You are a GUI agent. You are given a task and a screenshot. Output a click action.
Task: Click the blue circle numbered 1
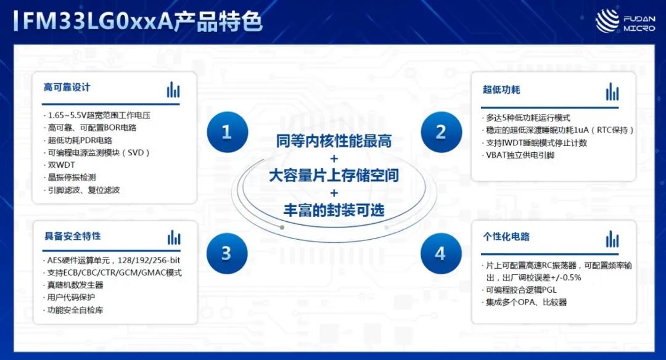(x=227, y=132)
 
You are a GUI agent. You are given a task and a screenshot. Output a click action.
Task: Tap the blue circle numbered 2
(x=442, y=132)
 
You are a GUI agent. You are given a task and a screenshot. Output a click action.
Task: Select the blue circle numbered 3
(x=227, y=253)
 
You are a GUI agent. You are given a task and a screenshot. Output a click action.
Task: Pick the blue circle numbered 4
(x=441, y=253)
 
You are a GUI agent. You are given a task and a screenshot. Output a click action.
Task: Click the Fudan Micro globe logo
(x=607, y=21)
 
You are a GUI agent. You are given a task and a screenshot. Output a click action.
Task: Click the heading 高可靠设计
(x=67, y=88)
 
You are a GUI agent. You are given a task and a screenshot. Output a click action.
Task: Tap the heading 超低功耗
(x=501, y=89)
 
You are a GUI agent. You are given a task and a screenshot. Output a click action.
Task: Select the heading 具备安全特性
(x=73, y=236)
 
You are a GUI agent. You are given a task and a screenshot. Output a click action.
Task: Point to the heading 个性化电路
(x=506, y=237)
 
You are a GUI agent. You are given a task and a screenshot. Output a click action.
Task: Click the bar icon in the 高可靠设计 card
(x=173, y=89)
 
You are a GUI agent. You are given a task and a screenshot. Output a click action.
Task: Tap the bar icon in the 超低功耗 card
(x=612, y=92)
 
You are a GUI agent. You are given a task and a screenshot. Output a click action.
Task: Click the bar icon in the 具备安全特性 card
(x=174, y=238)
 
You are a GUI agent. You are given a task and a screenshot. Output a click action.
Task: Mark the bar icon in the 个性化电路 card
(x=612, y=239)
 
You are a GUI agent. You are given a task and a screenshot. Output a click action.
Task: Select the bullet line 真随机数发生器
(x=73, y=285)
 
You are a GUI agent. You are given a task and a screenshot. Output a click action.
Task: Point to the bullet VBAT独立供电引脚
(x=518, y=155)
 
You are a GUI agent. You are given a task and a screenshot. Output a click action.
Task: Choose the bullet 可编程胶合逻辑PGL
(x=519, y=290)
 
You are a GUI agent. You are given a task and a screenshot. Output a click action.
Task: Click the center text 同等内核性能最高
(x=334, y=141)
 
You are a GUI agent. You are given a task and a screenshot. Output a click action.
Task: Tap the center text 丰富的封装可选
(x=334, y=210)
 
